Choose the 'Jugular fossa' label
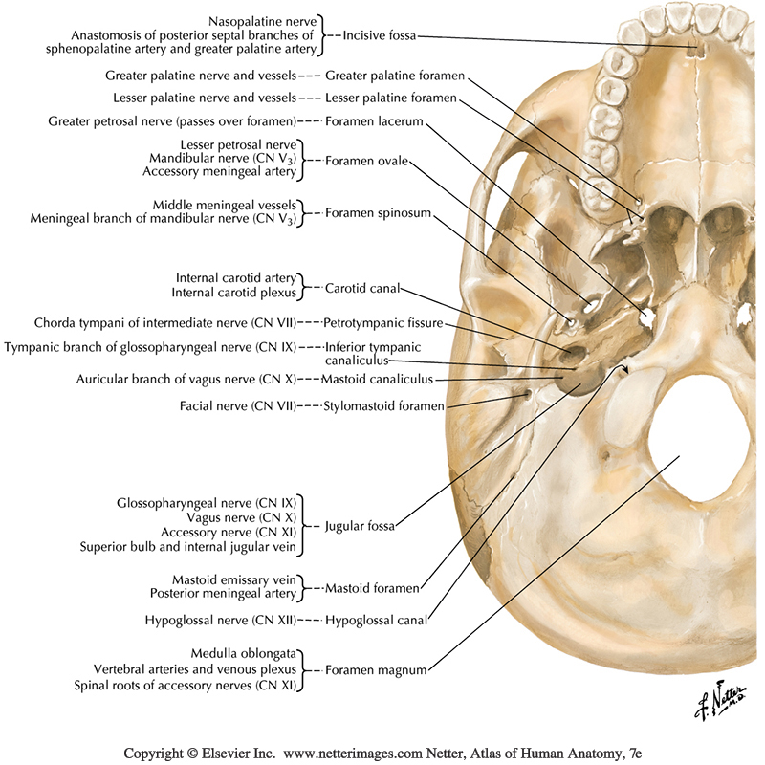tap(361, 526)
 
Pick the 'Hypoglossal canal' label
tap(375, 620)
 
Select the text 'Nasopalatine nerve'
tap(265, 20)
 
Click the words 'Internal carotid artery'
tap(237, 278)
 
